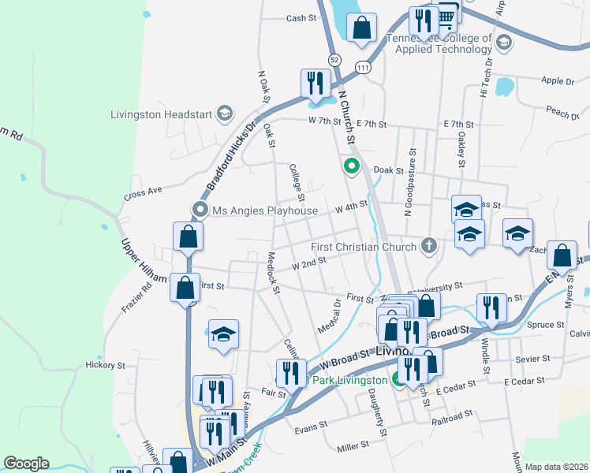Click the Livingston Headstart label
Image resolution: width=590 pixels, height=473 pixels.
pos(162,114)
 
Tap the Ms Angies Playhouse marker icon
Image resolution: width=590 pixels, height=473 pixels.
pos(200,210)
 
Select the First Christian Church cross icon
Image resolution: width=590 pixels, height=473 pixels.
pos(428,246)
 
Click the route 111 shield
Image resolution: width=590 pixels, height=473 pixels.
pos(363,69)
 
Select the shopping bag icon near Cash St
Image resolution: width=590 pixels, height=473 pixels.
pos(361,28)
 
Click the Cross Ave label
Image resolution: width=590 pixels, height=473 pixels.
pos(143,194)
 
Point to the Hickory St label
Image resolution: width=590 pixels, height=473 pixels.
pos(106,366)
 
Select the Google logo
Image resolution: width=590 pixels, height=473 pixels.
pos(26,464)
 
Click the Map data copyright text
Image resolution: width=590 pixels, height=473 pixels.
pos(556,467)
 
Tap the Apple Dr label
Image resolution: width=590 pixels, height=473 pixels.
pos(558,80)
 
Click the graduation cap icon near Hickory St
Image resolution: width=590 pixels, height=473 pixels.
pos(223,333)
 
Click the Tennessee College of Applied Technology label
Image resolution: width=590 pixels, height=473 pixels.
pos(439,43)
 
